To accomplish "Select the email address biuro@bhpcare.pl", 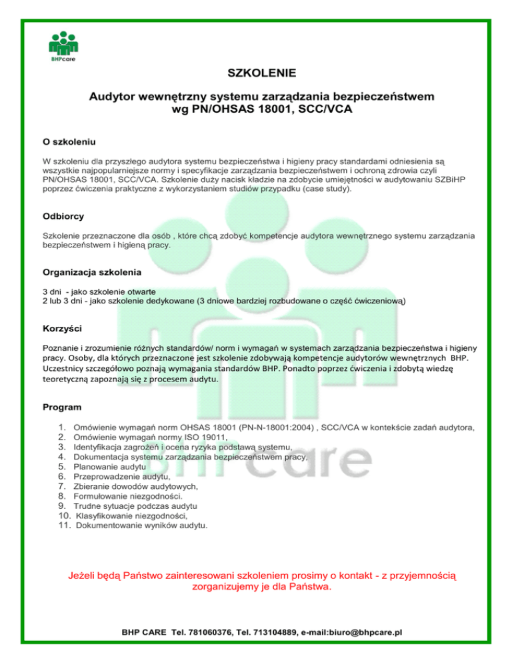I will (365, 632).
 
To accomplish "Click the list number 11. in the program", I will (65, 526).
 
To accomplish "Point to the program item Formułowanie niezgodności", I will (129, 496).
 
